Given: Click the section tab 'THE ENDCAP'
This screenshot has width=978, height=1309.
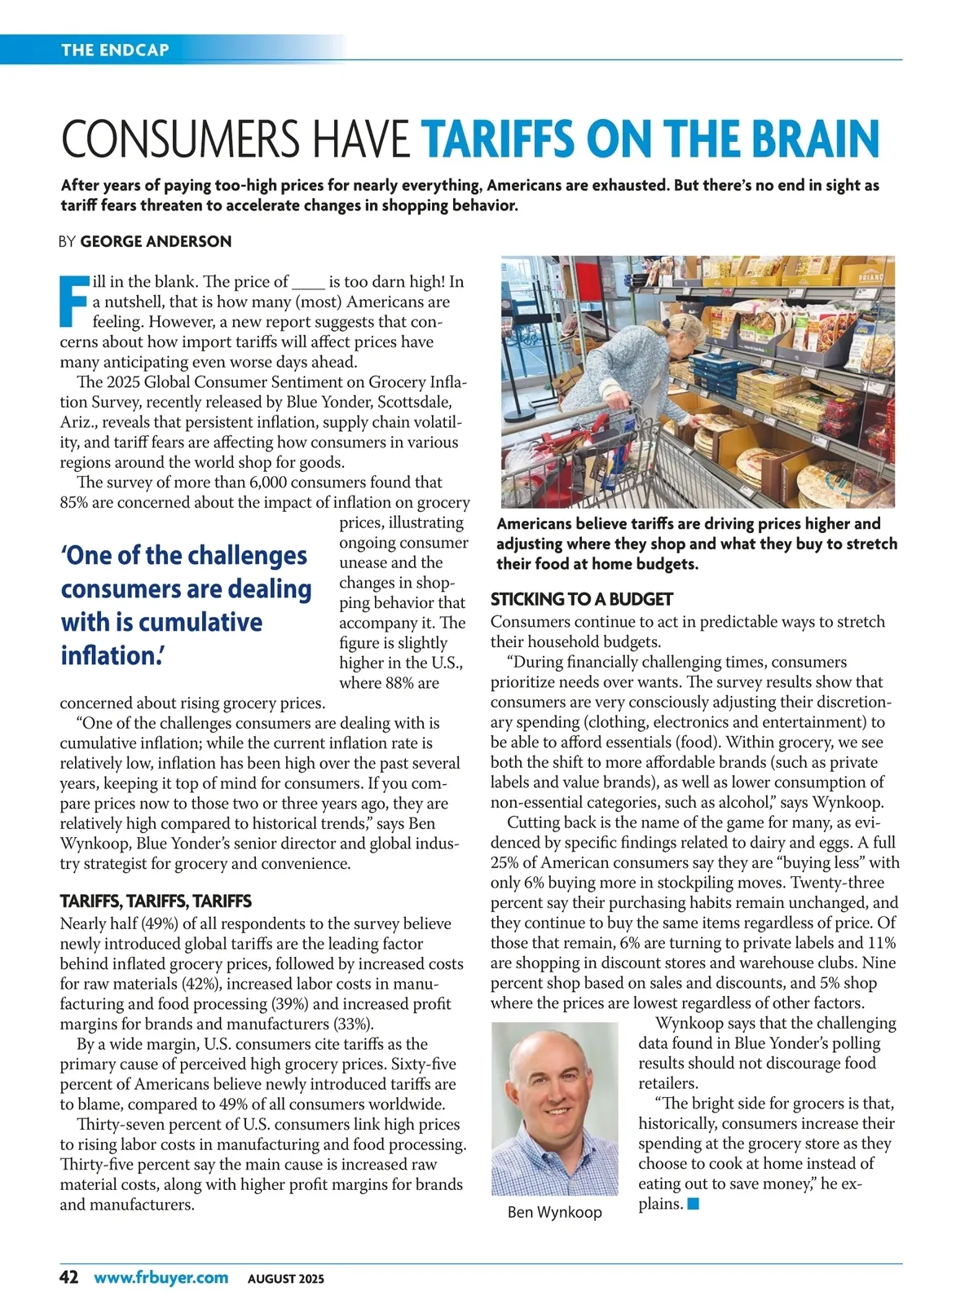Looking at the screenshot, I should [x=115, y=50].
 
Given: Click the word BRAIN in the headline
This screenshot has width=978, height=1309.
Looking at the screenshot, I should [x=815, y=139].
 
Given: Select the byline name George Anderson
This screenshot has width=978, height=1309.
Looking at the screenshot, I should [x=156, y=241].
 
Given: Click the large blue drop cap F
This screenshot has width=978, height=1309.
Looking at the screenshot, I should [x=73, y=301].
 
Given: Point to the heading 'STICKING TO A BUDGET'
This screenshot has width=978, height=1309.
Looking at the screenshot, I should [x=581, y=599].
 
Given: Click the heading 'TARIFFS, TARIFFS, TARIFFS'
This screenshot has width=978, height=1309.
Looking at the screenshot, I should [x=156, y=901].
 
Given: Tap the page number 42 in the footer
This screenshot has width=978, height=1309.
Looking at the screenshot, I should [x=69, y=1277].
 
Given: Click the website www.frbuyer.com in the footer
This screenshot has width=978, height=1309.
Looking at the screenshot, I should [x=161, y=1277].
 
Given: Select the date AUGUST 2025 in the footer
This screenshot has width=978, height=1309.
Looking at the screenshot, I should [x=285, y=1279].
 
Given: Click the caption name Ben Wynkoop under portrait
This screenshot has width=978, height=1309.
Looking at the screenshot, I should [x=554, y=1212].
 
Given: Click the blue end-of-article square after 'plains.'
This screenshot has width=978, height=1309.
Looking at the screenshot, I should [x=694, y=1204].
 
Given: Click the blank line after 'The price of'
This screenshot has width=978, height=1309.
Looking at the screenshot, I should [x=308, y=283].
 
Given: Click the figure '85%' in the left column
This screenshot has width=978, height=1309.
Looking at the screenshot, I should [x=73, y=503].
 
